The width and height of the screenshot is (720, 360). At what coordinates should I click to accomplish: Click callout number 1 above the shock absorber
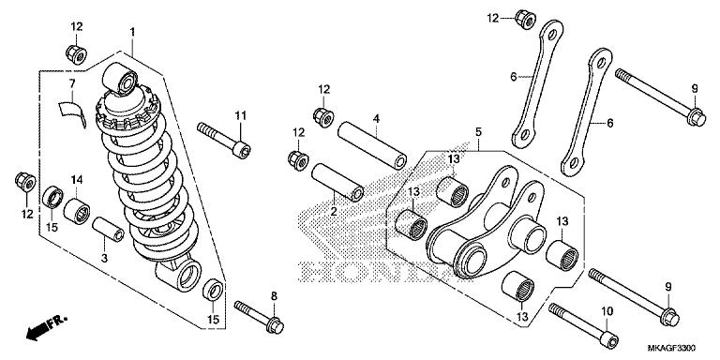(x=132, y=32)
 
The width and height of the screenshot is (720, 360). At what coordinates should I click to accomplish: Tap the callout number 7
(x=71, y=83)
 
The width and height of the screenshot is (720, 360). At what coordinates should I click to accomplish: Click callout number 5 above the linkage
(x=477, y=132)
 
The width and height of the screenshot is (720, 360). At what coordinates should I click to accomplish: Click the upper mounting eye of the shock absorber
(x=120, y=78)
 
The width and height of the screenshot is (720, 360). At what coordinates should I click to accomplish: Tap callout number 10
(x=607, y=310)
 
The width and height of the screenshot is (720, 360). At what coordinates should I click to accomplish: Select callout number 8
(x=274, y=296)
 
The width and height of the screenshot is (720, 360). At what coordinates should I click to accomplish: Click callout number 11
(x=240, y=115)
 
